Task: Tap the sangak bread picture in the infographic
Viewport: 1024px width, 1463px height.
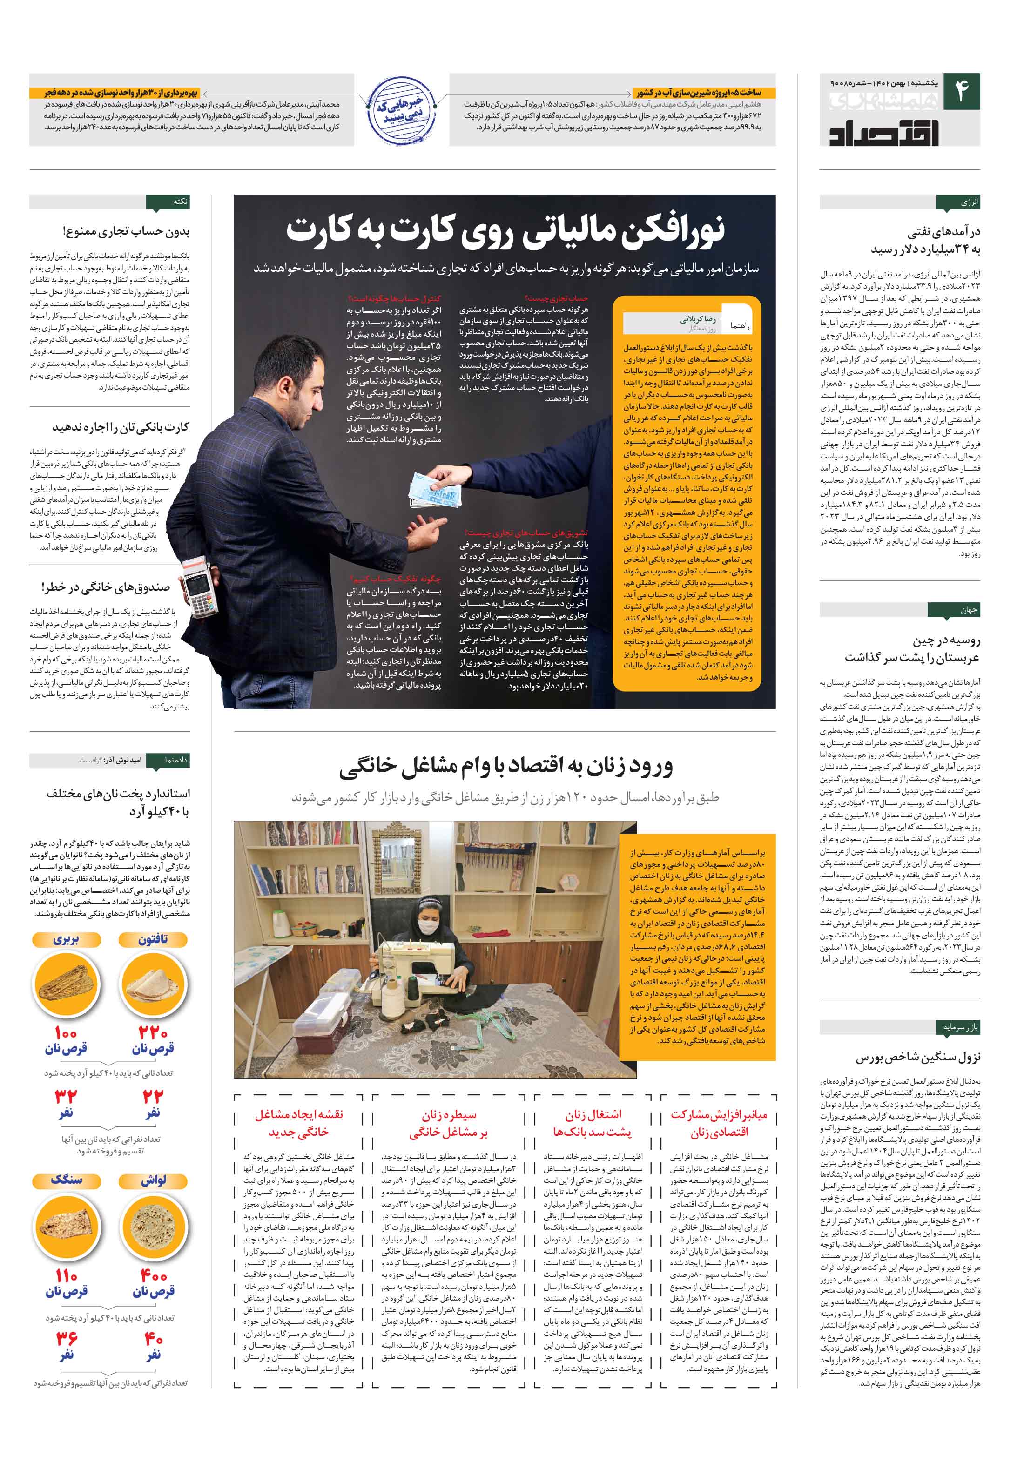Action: (66, 1223)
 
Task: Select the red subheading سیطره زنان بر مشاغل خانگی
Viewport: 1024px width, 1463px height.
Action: (448, 1123)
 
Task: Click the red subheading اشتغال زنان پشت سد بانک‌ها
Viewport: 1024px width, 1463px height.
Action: (593, 1123)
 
